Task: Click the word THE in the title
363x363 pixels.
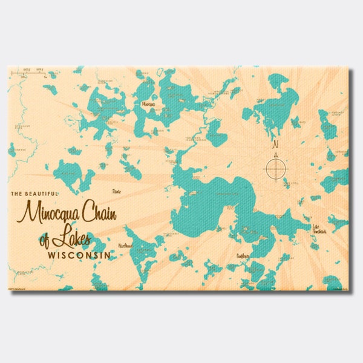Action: coord(18,194)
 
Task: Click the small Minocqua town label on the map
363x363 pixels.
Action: coord(148,104)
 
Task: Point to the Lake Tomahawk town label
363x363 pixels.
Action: coord(319,229)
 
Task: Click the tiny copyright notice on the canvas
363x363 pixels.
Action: coord(18,288)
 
